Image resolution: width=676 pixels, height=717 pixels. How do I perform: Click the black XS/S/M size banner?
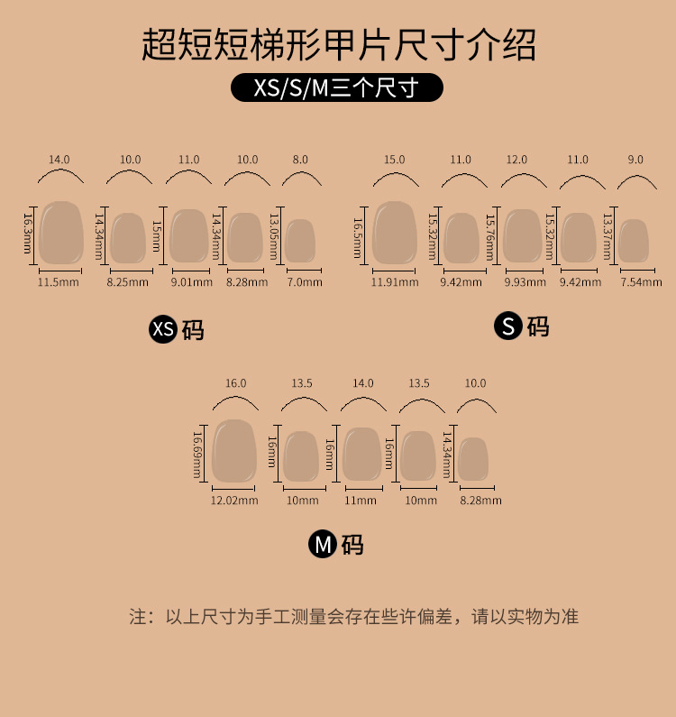[x=337, y=88]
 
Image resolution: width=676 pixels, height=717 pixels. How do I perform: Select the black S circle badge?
[x=508, y=326]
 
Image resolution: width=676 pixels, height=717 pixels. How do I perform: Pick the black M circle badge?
[x=323, y=545]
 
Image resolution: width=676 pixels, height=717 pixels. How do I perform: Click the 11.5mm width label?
[x=59, y=282]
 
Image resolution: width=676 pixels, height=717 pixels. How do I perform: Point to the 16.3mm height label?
[x=27, y=233]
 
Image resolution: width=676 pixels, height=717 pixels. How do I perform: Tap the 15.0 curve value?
[x=395, y=160]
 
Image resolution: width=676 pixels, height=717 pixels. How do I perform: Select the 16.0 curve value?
[x=235, y=383]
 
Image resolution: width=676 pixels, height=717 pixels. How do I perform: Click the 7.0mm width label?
[x=305, y=282]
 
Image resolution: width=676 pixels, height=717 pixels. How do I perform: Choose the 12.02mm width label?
[x=234, y=501]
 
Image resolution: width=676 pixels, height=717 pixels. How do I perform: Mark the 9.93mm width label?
[x=524, y=282]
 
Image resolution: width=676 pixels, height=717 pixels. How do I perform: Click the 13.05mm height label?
[x=273, y=238]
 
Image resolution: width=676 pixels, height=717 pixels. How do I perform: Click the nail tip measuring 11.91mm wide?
[x=396, y=233]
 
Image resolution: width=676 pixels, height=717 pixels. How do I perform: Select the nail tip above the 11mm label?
[x=361, y=454]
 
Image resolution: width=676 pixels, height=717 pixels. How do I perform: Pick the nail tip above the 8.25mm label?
[x=127, y=238]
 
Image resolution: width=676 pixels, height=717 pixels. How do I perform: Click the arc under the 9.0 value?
[x=635, y=181]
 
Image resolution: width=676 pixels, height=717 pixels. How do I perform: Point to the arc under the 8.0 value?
[x=301, y=179]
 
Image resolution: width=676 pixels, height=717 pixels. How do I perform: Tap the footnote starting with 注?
[x=353, y=618]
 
